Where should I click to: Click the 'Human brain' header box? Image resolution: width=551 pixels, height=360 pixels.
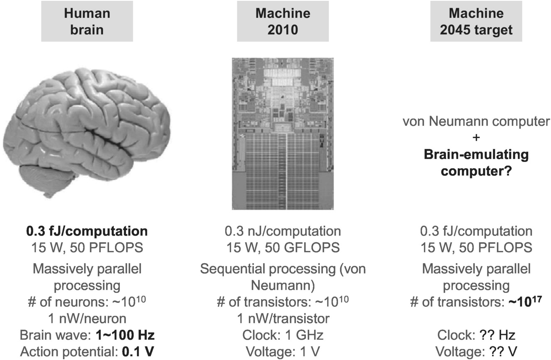coord(87,21)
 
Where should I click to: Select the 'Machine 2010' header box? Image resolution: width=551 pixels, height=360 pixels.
coord(283,21)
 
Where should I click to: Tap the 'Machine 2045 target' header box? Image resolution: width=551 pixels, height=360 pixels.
coord(476,21)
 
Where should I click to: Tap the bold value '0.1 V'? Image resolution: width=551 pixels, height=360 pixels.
coord(139,352)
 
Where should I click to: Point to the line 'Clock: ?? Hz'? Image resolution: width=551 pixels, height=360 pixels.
coord(476,335)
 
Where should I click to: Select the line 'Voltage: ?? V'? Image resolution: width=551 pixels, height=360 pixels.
coord(476,352)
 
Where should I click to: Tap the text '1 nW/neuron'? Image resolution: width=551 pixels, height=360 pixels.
coord(87,319)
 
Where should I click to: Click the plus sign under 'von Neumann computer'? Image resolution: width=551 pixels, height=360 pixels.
coord(476,138)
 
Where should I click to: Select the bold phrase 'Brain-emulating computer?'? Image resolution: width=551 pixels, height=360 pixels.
coord(476,163)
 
